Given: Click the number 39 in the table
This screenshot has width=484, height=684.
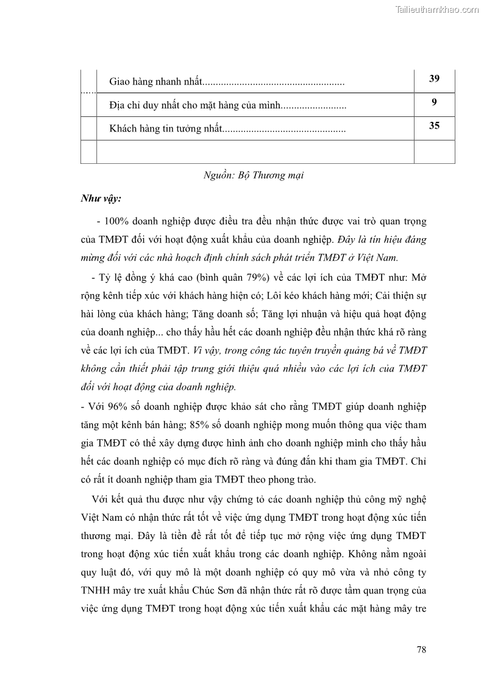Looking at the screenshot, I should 434,79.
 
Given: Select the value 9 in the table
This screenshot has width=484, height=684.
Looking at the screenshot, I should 434,102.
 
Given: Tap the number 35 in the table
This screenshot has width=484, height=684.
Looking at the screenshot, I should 434,127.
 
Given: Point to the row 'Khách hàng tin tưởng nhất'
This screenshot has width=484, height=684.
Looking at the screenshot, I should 165,129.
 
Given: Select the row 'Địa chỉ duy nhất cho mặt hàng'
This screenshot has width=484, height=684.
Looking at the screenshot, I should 195,105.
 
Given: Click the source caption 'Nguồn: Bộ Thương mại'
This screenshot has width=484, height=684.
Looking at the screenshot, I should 254,175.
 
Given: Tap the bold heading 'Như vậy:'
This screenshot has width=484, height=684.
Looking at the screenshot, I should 101,199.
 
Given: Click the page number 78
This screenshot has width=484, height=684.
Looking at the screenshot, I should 421,649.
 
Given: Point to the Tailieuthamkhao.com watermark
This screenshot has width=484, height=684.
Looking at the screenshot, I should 437,9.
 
